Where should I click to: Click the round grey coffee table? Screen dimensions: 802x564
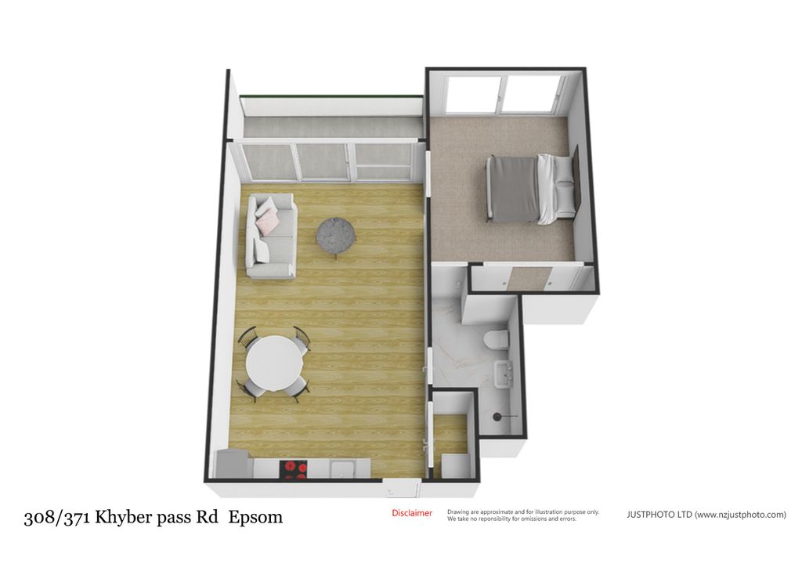(x=335, y=235)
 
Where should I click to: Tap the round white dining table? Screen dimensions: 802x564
(x=274, y=363)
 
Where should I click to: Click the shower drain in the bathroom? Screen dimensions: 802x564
(x=496, y=417)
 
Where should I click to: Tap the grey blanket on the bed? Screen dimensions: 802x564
(x=512, y=190)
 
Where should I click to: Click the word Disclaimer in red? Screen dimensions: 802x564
(x=412, y=513)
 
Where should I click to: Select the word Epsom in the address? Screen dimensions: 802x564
(x=255, y=517)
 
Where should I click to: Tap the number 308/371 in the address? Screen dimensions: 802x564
(x=57, y=518)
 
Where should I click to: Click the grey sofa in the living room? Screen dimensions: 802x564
(x=271, y=237)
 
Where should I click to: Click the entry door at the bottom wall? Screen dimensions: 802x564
(x=402, y=488)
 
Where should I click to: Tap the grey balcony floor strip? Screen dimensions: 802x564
(x=332, y=126)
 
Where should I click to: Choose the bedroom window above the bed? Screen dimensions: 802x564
(x=504, y=96)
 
